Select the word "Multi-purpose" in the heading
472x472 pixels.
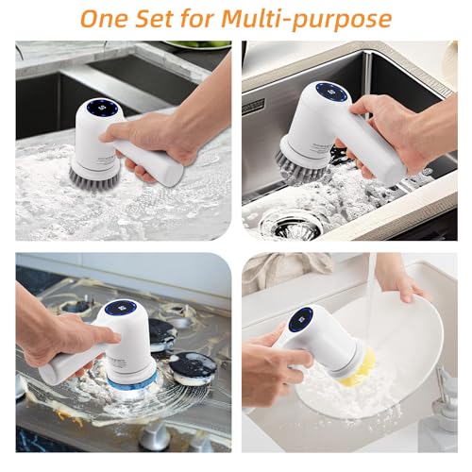pyautogui.click(x=307, y=20)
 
